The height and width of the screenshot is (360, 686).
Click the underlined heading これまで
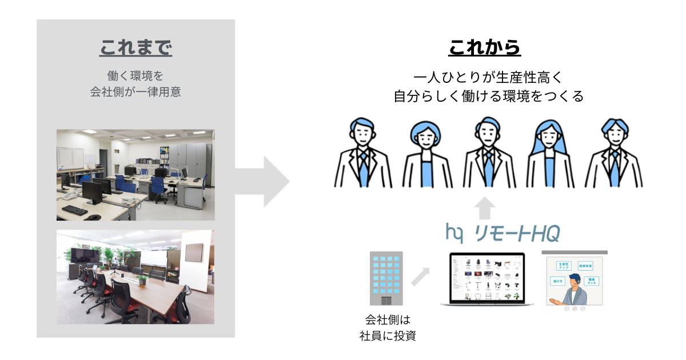[135, 48]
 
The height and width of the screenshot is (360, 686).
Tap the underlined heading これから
[484, 48]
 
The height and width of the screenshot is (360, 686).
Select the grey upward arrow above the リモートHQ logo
[485, 207]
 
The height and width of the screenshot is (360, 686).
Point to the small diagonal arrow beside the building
[420, 277]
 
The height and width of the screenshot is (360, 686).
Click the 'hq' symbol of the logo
[454, 233]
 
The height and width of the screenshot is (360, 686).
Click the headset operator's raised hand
[553, 301]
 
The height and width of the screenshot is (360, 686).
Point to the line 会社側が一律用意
[135, 91]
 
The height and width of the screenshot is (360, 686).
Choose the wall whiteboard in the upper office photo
[70, 157]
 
